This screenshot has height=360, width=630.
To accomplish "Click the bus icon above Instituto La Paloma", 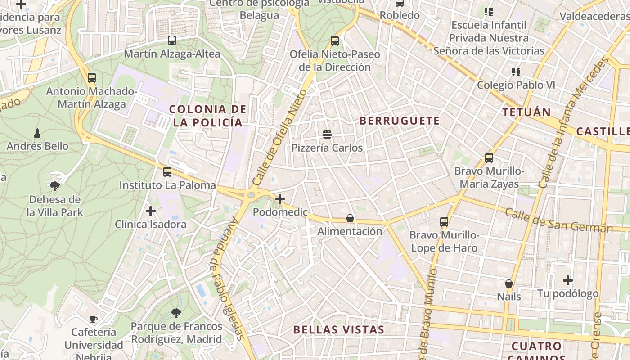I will click(167, 171).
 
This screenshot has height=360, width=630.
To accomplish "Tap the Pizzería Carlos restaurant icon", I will click(327, 134).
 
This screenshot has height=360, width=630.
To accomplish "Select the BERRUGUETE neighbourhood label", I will click(400, 121).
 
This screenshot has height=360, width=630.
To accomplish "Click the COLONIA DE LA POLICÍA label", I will click(207, 116).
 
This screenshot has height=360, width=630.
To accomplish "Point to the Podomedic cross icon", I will click(280, 198).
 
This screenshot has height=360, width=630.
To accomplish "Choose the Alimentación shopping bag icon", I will click(350, 218).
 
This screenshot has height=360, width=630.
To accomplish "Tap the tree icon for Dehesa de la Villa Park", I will click(55, 185).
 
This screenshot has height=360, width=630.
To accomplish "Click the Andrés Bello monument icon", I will click(37, 133).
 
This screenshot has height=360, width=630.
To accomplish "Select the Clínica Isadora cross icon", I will click(151, 211).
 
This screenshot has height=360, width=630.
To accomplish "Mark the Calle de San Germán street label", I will click(558, 220).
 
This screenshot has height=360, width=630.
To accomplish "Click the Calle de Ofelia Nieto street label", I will click(279, 138).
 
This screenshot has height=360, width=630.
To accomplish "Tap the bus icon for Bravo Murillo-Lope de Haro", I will click(444, 221).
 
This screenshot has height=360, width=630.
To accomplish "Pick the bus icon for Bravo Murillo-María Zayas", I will click(489, 158).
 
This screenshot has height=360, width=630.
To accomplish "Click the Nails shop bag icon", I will click(509, 283).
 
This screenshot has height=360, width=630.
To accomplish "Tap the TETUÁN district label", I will click(526, 112).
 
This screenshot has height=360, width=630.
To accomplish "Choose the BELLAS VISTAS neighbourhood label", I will click(339, 329).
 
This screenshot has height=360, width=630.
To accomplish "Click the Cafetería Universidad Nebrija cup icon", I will click(94, 319).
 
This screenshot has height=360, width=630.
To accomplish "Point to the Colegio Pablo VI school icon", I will click(516, 72).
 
